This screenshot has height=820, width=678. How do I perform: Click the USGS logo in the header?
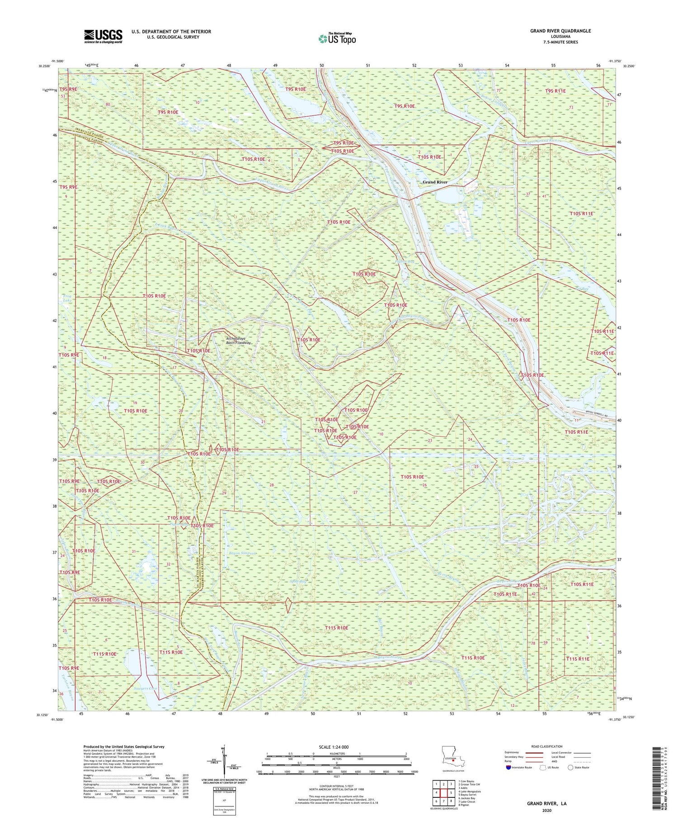pyautogui.click(x=103, y=36)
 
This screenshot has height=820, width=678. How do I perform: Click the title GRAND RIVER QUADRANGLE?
pyautogui.click(x=560, y=31)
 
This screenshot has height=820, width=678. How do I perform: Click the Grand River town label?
pyautogui.click(x=435, y=182)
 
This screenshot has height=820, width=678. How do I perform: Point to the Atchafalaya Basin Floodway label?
pyautogui.click(x=239, y=341)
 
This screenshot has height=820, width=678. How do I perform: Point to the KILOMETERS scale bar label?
pyautogui.click(x=336, y=754)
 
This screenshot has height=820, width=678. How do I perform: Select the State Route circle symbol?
pyautogui.click(x=571, y=768)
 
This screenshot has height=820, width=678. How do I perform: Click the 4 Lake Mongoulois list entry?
pyautogui.click(x=470, y=792)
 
